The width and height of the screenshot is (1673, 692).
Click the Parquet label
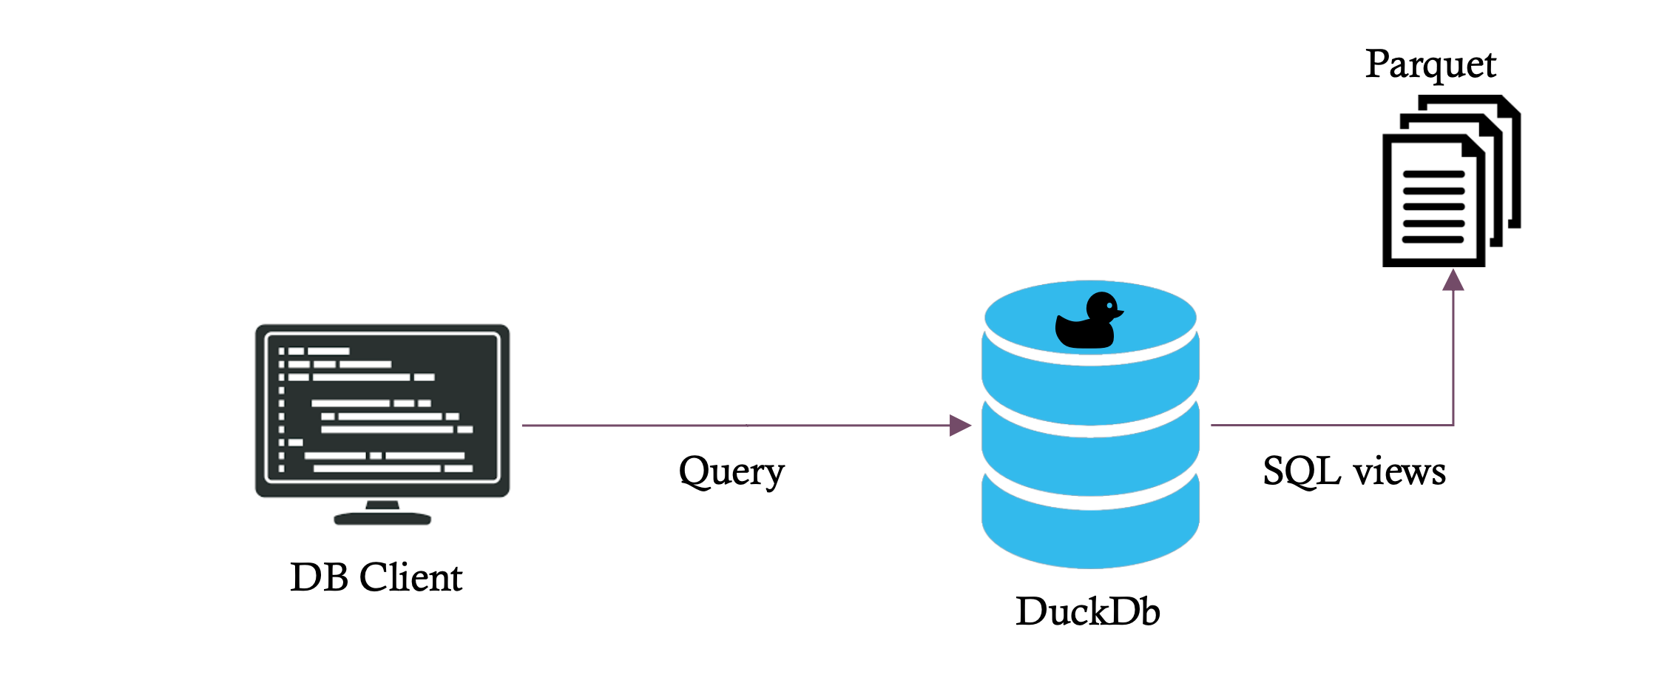[x=1430, y=65]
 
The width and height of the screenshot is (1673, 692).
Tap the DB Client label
[x=376, y=578]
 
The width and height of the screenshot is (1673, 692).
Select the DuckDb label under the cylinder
[x=1087, y=612]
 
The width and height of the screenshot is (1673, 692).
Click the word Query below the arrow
[x=731, y=472]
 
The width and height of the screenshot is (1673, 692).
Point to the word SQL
[x=1301, y=471]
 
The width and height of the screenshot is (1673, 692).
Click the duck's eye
[x=1109, y=306]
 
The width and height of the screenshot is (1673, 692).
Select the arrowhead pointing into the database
[x=959, y=426]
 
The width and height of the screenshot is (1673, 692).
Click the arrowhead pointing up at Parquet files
[x=1453, y=281]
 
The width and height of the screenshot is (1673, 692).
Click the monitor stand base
[x=382, y=518]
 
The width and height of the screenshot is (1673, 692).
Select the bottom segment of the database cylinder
[x=1090, y=533]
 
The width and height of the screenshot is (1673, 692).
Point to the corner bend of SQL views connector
[x=1453, y=425]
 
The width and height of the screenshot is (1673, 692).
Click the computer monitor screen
[x=382, y=409]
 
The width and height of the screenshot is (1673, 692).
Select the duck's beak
[x=1119, y=314]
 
